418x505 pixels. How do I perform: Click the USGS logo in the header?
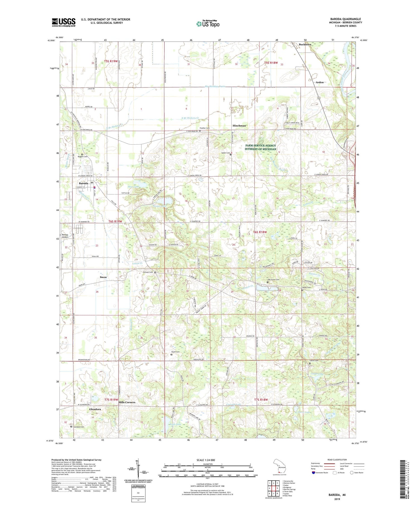pyautogui.click(x=64, y=22)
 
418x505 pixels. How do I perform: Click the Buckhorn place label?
pyautogui.click(x=305, y=45)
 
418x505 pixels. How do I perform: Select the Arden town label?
pyautogui.click(x=320, y=82)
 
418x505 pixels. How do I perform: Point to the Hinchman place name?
pyautogui.click(x=239, y=126)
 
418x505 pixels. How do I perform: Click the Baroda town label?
pyautogui.click(x=83, y=183)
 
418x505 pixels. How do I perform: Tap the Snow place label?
pyautogui.click(x=103, y=277)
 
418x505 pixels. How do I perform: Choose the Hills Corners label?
pyautogui.click(x=127, y=402)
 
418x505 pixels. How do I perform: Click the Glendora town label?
pyautogui.click(x=95, y=409)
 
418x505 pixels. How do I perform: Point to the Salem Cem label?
pyautogui.click(x=225, y=153)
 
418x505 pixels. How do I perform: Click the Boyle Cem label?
pyautogui.click(x=175, y=352)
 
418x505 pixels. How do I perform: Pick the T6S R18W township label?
pyautogui.click(x=260, y=232)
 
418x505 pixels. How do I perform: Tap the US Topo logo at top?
pyautogui.click(x=208, y=24)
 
